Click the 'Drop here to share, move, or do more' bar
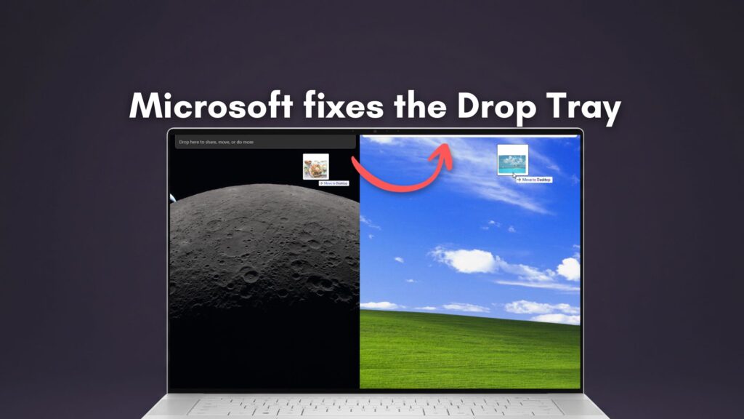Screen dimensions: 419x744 click(264, 142)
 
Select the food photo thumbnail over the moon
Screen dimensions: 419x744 click(315, 166)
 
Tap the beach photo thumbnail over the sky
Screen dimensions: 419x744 click(512, 159)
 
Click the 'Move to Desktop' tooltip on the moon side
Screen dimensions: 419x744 click(333, 183)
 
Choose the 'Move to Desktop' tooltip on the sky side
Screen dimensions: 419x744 click(534, 179)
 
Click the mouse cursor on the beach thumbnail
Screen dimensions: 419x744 click(514, 175)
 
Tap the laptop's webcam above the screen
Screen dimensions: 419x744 click(374, 132)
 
